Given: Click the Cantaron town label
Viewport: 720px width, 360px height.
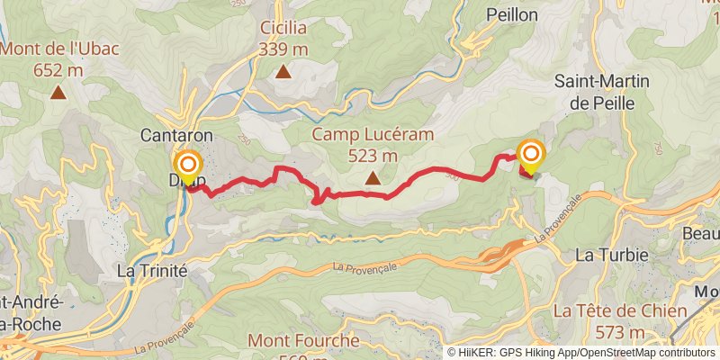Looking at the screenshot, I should tap(176, 134).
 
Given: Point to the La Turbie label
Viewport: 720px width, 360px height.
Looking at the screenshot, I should tap(611, 255).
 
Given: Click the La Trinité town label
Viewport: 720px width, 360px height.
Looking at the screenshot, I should tap(152, 270).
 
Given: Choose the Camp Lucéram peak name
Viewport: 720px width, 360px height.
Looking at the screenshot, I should tap(373, 134).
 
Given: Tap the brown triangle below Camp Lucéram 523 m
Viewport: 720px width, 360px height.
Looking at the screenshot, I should tap(373, 178).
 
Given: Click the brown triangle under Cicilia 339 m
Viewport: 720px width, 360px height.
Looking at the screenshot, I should tap(283, 72).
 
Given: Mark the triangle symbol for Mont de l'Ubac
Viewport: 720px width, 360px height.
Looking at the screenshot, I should tap(58, 91).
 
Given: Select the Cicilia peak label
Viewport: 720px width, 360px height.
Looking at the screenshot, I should tap(283, 29).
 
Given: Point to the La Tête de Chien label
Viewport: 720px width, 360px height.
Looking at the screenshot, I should tap(620, 311).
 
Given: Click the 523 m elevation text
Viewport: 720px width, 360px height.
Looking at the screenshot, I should tap(373, 155).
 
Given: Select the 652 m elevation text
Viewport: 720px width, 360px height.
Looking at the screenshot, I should tap(58, 69).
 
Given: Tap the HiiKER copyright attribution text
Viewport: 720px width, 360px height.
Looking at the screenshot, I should tap(581, 353).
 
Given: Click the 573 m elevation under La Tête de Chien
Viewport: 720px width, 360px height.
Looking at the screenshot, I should tap(620, 333).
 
